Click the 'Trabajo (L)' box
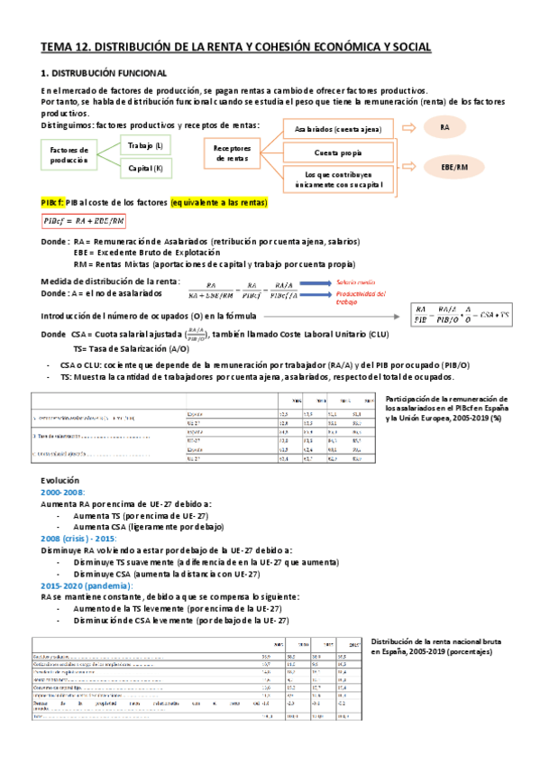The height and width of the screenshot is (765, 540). (x=146, y=144)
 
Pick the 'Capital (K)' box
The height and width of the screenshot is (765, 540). (x=146, y=167)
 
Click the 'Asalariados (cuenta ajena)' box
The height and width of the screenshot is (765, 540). (x=333, y=129)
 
